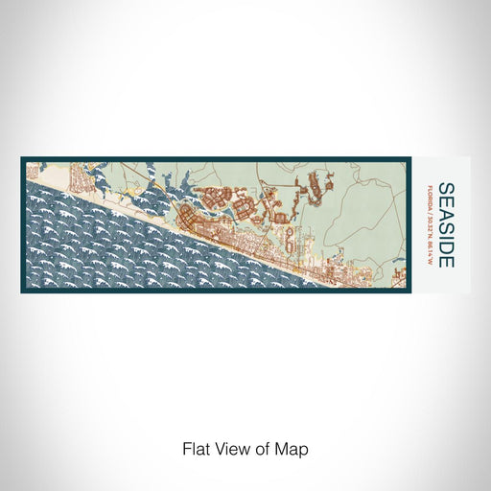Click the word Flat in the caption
(196, 449)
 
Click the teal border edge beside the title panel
(408, 225)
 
